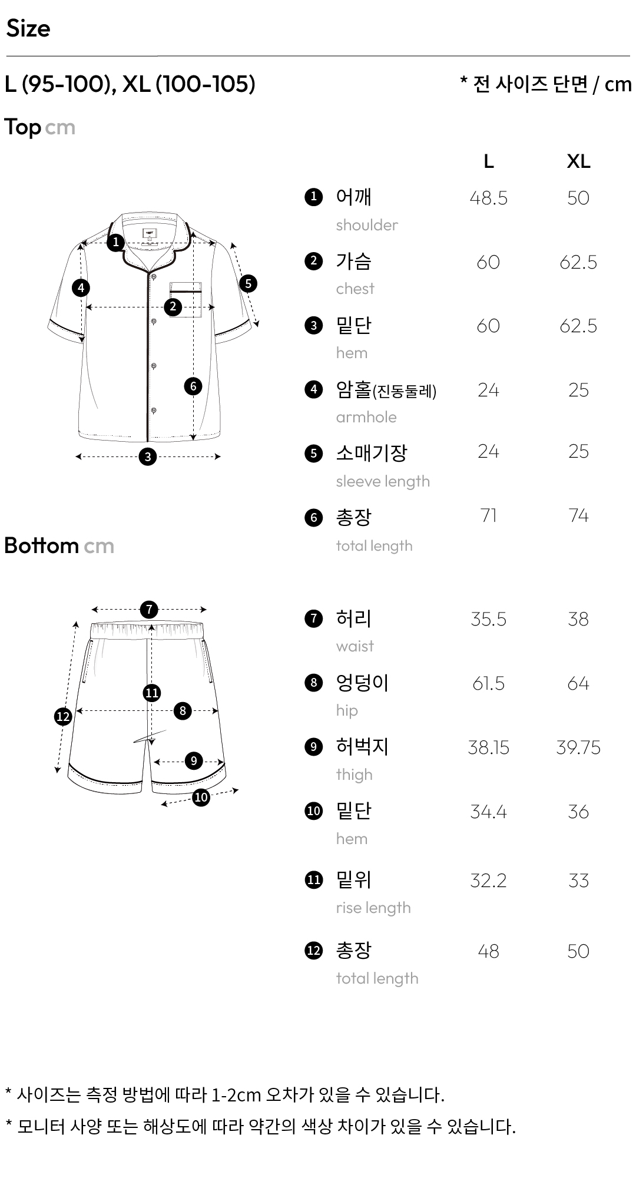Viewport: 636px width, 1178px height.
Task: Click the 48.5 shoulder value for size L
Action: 488,198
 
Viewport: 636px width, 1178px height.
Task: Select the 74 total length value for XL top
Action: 578,515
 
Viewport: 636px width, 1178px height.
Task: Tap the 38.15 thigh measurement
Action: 488,747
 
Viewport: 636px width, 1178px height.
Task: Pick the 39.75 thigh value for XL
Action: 578,747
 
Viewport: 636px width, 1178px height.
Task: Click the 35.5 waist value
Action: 488,619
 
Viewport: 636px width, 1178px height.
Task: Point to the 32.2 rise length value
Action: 488,881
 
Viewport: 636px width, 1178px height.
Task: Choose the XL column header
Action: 578,161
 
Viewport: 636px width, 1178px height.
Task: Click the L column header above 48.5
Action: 488,161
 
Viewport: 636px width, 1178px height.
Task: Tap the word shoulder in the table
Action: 367,225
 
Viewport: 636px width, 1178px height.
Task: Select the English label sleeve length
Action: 383,482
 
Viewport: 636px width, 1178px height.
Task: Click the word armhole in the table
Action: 366,417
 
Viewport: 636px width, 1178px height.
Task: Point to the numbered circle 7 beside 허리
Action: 314,618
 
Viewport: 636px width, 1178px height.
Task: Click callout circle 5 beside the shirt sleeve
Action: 248,283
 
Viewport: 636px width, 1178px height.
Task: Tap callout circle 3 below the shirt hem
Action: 148,456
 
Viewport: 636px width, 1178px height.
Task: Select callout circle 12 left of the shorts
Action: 63,717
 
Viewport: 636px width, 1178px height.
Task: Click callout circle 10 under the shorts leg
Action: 201,798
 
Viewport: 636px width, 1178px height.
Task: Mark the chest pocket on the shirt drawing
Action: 186,300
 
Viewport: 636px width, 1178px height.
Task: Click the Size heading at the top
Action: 28,29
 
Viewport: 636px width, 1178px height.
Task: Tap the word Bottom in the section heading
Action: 41,545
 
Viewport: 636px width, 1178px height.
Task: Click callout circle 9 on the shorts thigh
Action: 194,761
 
